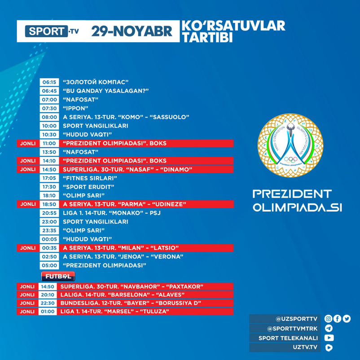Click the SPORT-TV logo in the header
click(x=51, y=31)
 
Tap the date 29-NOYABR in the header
click(x=132, y=31)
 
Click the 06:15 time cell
click(x=49, y=82)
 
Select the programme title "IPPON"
click(x=75, y=108)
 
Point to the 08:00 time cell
click(x=49, y=117)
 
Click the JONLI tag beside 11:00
click(x=27, y=143)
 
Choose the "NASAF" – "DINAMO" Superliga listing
click(x=127, y=169)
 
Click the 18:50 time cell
click(x=49, y=204)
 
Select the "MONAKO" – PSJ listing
click(x=111, y=213)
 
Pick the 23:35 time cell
click(x=49, y=230)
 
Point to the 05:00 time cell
click(x=49, y=265)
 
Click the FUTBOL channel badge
click(x=58, y=276)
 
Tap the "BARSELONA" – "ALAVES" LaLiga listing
click(x=123, y=295)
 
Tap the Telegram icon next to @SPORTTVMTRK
click(x=329, y=328)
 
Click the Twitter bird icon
click(x=347, y=319)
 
